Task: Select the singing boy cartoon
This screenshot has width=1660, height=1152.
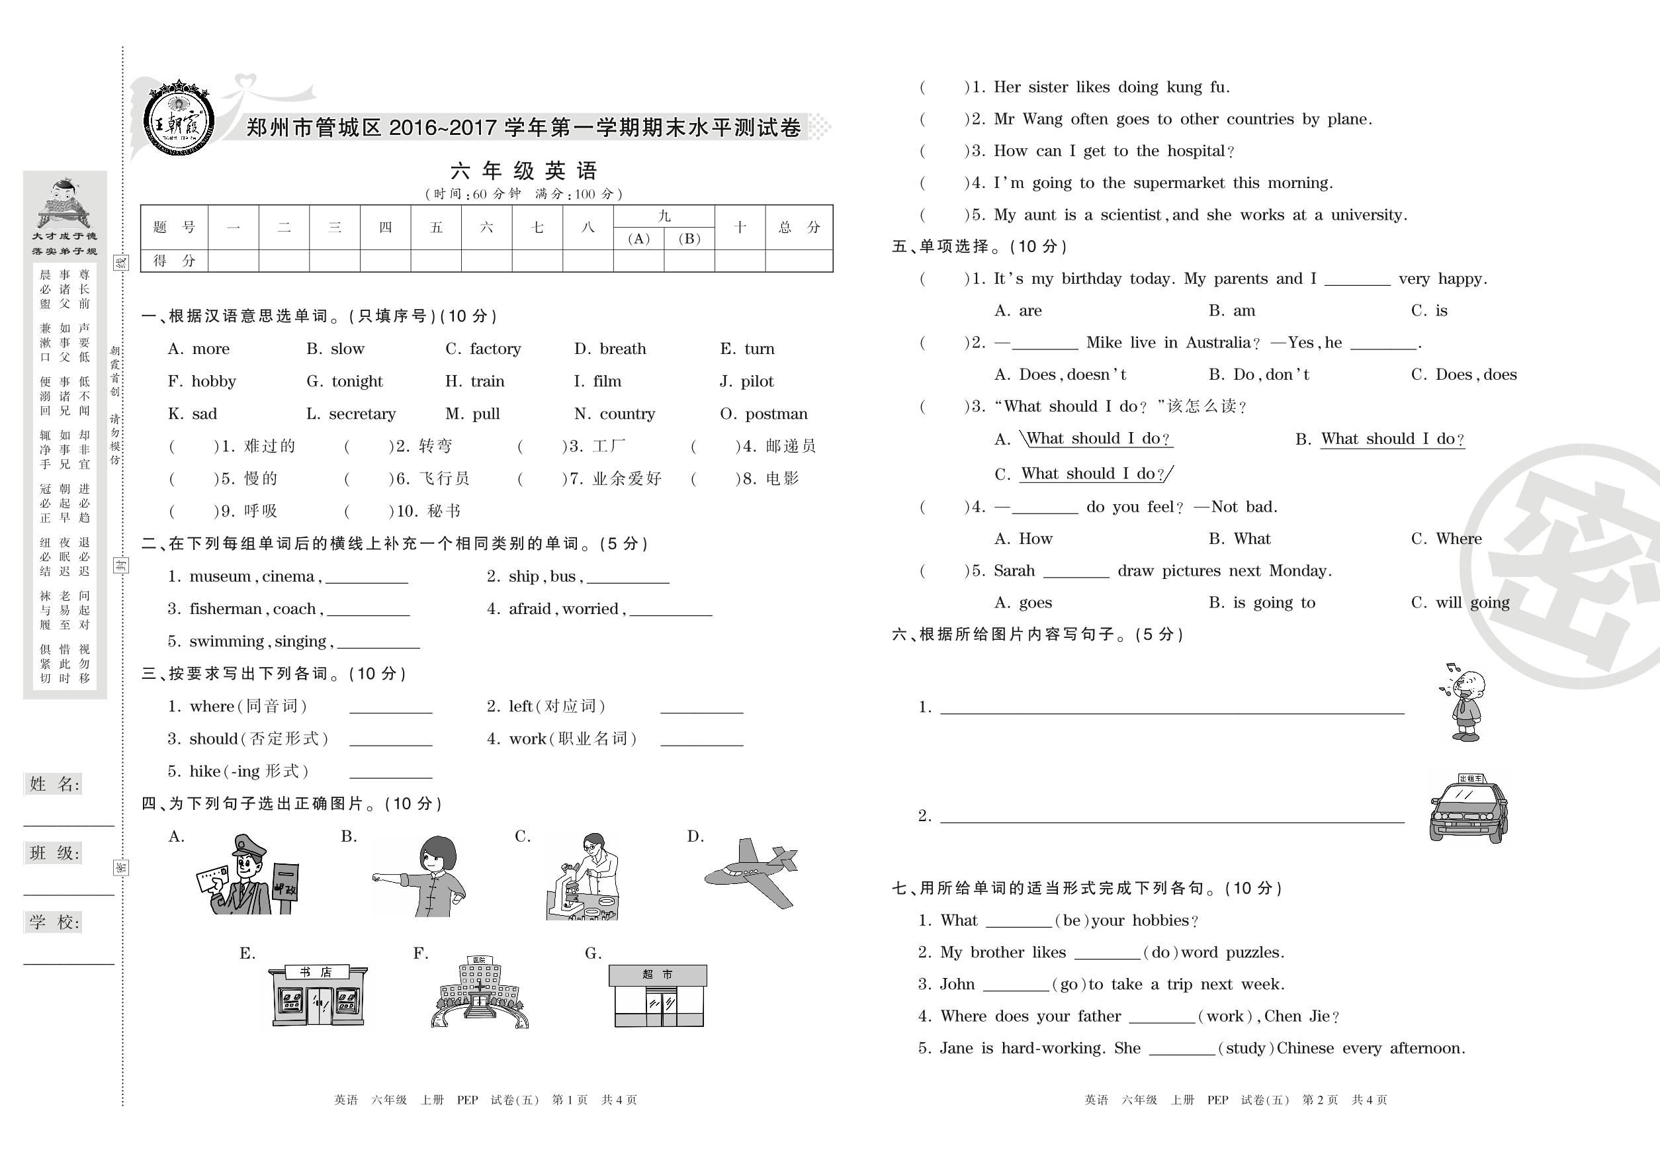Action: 1463,702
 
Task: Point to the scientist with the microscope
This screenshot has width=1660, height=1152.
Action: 583,876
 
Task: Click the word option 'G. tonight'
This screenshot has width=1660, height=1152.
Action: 345,381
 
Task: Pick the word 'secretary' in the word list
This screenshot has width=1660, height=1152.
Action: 363,414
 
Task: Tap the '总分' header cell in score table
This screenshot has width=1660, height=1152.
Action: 799,228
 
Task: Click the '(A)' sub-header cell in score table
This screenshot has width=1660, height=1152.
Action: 638,239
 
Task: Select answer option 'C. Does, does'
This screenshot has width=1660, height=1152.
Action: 1463,375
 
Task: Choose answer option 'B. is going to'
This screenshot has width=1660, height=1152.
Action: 1262,603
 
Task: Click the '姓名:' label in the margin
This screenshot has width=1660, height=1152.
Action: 55,785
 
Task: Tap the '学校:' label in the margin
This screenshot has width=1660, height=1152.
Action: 55,922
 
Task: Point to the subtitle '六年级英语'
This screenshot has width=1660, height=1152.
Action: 524,171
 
